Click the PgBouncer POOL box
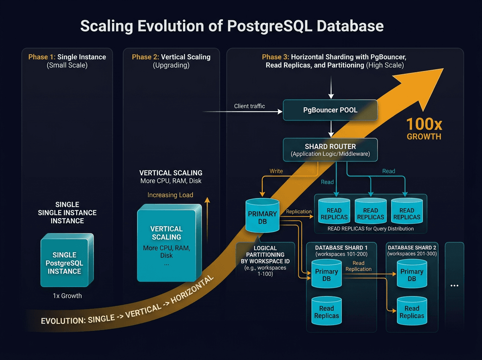pos(330,110)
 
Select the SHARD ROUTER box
pos(330,150)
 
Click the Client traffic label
pos(249,106)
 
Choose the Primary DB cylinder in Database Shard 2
pos(412,275)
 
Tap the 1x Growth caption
pos(67,296)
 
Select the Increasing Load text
pos(170,195)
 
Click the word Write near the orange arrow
pos(276,171)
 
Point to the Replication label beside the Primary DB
pos(298,211)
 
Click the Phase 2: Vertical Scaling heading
pos(171,57)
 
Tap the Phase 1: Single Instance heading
pos(67,57)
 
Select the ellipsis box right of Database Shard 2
pos(454,286)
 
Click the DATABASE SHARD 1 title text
pos(341,247)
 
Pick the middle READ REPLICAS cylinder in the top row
pos(370,213)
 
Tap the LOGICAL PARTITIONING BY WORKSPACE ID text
pos(263,255)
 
